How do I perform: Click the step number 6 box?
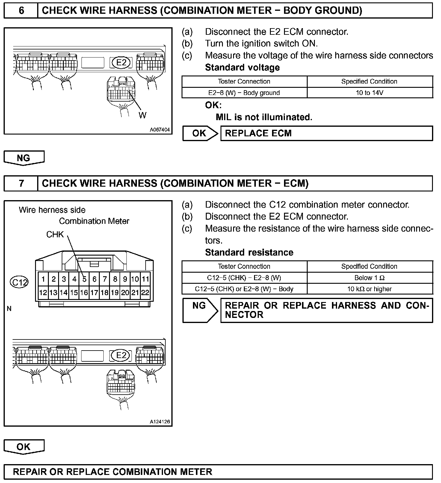point(21,11)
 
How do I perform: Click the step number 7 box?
point(21,183)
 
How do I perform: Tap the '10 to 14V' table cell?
point(369,93)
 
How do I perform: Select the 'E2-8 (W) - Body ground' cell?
point(244,93)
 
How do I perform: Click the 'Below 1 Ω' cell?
point(369,278)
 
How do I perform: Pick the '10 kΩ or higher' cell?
point(369,289)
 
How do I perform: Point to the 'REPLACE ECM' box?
point(327,133)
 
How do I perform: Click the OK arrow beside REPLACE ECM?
point(200,133)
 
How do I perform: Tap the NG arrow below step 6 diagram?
point(24,158)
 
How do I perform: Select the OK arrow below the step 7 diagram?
point(24,447)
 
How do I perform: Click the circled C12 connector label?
point(19,282)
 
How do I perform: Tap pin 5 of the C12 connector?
point(84,279)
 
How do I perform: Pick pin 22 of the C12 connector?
point(145,292)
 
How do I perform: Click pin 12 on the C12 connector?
point(43,292)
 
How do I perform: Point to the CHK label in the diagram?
point(55,234)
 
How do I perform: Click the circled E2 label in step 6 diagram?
point(121,63)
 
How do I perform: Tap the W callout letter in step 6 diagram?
point(143,115)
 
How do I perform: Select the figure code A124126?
point(160,422)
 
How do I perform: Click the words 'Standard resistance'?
point(249,253)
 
